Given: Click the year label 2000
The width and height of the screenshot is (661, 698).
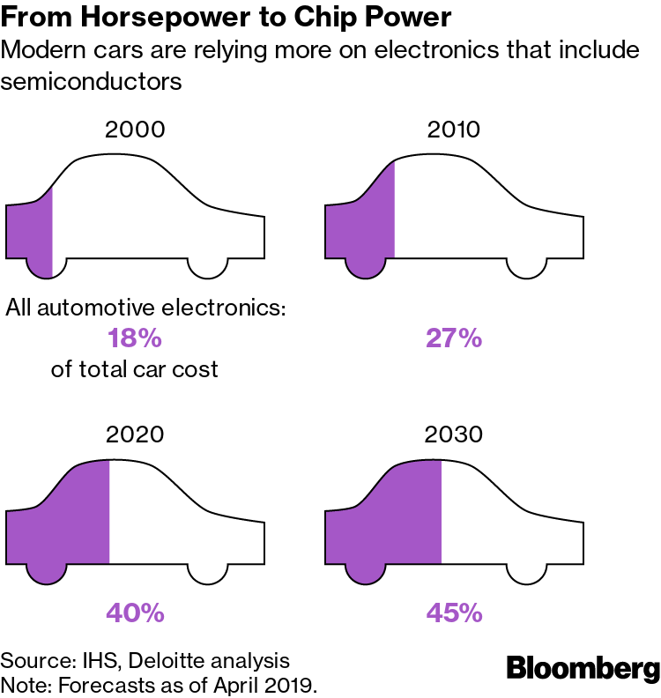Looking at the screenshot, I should coord(135,130).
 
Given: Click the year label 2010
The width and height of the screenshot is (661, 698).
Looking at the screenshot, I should coord(454,130).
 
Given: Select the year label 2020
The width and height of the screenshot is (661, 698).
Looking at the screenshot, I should coord(135,434).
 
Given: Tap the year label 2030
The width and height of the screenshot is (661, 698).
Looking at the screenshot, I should coord(454,434).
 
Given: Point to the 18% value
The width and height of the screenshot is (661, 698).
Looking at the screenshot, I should coord(135,338).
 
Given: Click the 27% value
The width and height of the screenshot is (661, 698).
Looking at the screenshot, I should coord(455,338).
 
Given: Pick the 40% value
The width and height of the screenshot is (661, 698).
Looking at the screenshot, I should coord(135,613).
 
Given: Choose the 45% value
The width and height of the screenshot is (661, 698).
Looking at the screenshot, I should coord(455,613).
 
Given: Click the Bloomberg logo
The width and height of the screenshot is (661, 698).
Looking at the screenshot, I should coord(583,669).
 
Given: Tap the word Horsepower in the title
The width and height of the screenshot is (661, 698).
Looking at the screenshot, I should coord(142,18).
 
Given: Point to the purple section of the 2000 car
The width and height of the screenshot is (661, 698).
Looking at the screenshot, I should coord(30,231).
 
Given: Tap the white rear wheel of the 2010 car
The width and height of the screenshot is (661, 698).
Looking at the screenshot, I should coord(527,265).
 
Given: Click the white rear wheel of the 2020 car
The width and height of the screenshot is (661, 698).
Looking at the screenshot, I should coord(208,571).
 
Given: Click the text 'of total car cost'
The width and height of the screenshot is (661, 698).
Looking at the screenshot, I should coord(134,368).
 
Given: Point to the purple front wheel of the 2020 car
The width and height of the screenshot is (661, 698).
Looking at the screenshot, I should coord(45,572).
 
